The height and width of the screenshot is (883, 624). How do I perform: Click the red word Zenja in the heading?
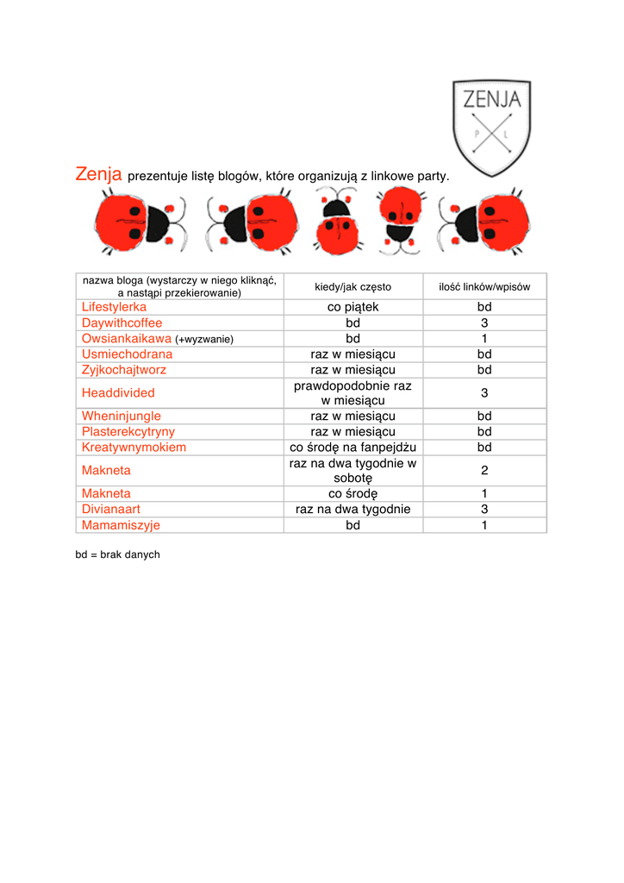click(x=98, y=174)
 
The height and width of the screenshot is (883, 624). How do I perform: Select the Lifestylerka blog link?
click(x=114, y=307)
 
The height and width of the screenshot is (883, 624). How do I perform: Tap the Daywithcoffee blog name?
click(x=122, y=323)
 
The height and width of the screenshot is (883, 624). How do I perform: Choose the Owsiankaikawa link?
click(x=127, y=338)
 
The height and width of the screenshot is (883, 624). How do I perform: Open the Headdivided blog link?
click(x=118, y=392)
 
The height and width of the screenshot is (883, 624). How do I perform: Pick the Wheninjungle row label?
click(x=121, y=416)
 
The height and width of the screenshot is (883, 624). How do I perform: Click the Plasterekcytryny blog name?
click(x=128, y=431)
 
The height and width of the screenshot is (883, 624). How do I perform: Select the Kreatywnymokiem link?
click(x=134, y=447)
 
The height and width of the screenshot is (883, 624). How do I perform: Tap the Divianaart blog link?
click(x=110, y=509)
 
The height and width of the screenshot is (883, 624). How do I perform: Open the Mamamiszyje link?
click(x=121, y=524)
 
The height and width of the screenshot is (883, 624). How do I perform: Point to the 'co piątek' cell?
click(x=353, y=307)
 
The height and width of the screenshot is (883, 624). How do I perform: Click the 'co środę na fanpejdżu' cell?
click(x=353, y=447)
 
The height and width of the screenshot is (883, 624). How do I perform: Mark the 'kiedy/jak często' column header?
click(x=353, y=286)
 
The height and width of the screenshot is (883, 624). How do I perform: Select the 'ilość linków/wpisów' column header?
click(x=484, y=286)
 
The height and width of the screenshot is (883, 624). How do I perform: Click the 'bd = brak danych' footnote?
click(x=117, y=554)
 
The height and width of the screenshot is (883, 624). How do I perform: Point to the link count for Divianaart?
click(x=484, y=509)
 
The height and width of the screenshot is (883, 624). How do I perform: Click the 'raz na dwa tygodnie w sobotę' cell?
click(x=353, y=470)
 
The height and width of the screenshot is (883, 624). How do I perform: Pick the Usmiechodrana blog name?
click(x=127, y=354)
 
